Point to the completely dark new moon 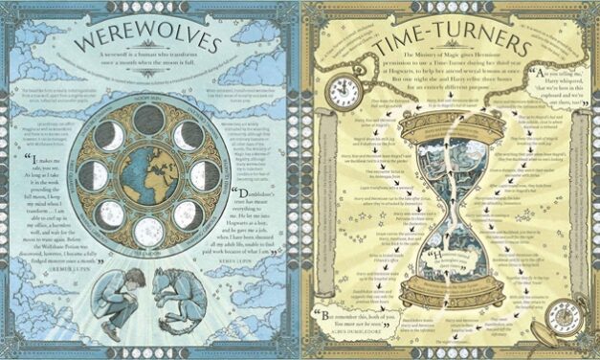tap(148, 119)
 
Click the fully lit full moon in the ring tap(148, 231)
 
